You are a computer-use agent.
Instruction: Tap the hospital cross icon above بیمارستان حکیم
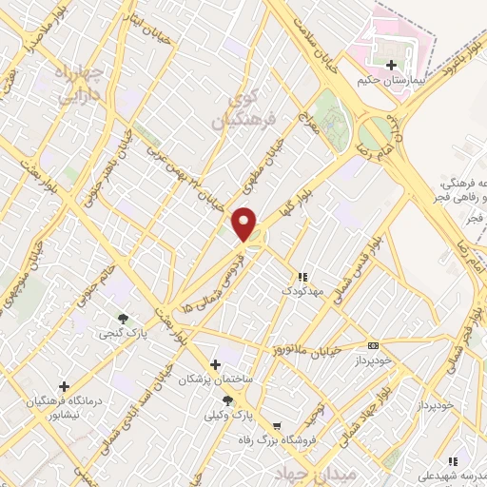391,64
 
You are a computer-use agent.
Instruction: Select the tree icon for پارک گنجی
122,319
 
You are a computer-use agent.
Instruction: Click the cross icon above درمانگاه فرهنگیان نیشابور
64,386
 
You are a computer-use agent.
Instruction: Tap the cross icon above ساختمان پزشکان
215,363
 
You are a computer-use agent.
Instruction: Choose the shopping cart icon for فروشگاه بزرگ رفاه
277,426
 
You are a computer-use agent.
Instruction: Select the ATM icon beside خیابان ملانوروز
374,345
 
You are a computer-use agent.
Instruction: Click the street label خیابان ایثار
147,29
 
